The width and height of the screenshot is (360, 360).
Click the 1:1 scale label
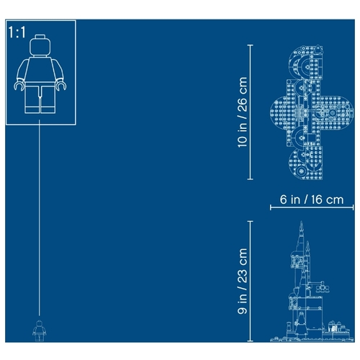pyautogui.click(x=17, y=32)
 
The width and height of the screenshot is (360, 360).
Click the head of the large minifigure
pyautogui.click(x=40, y=47)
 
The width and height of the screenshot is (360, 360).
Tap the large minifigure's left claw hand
pyautogui.click(x=19, y=85)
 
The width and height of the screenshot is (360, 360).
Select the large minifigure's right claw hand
pyautogui.click(x=61, y=85)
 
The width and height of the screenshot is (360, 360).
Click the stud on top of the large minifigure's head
pyautogui.click(x=40, y=36)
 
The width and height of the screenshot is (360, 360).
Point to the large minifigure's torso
pyautogui.click(x=40, y=69)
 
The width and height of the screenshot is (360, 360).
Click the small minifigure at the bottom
pyautogui.click(x=39, y=330)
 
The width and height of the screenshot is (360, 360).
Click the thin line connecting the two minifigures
pyautogui.click(x=40, y=217)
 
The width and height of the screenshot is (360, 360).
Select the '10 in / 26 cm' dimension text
pyautogui.click(x=242, y=112)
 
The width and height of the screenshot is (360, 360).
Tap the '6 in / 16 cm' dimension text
pyautogui.click(x=312, y=199)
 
